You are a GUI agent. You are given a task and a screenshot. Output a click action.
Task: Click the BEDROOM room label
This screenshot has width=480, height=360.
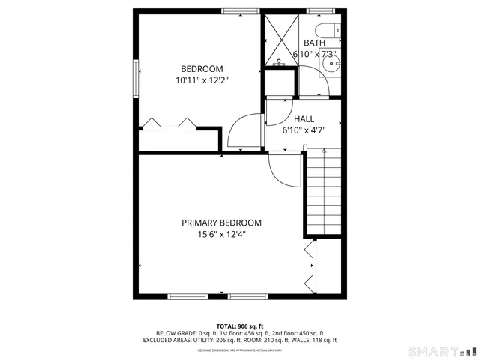click(x=201, y=69)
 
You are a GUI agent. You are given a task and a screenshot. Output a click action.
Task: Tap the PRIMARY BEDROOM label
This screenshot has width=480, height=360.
click(x=221, y=223)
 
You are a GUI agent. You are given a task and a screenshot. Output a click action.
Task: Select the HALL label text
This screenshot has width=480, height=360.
click(x=304, y=119)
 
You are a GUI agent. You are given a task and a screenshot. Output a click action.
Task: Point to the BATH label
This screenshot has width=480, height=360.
click(x=314, y=43)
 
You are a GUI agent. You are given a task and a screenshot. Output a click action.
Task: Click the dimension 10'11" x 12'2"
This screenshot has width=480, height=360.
click(x=201, y=79)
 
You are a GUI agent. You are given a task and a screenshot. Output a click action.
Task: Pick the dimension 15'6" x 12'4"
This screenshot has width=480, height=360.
click(x=221, y=234)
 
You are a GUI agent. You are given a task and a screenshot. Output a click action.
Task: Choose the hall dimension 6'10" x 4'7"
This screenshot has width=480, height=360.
click(x=304, y=130)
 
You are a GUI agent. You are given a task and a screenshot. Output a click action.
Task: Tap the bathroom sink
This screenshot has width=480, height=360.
click(x=331, y=63)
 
